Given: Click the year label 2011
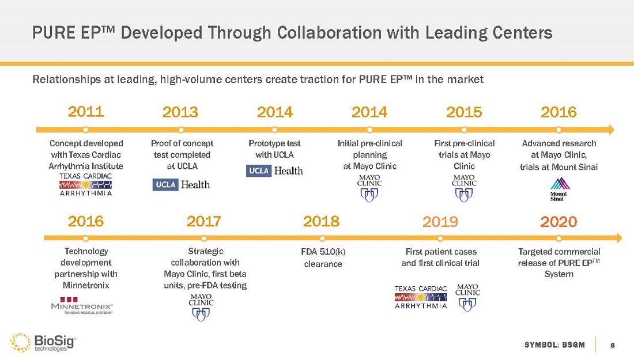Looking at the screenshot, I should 86,111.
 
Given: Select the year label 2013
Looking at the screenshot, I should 180,112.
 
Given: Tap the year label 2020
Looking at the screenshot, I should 558,221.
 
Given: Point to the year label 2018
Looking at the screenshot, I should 321,221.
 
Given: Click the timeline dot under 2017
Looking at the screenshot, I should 203,238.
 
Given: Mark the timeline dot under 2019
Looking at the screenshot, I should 440,238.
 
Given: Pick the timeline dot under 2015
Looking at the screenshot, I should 464,129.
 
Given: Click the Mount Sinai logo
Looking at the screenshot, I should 558,189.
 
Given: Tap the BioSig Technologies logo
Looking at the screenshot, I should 43,342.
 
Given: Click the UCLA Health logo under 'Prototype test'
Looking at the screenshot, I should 274,170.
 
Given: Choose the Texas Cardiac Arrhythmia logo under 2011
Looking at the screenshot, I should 86,184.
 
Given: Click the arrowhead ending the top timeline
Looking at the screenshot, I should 611,129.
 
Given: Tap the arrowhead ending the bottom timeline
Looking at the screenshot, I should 618,238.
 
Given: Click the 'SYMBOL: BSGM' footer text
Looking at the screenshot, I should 554,345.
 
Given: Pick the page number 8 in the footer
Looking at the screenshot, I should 613,345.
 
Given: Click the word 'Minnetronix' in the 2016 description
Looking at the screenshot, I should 86,285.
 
